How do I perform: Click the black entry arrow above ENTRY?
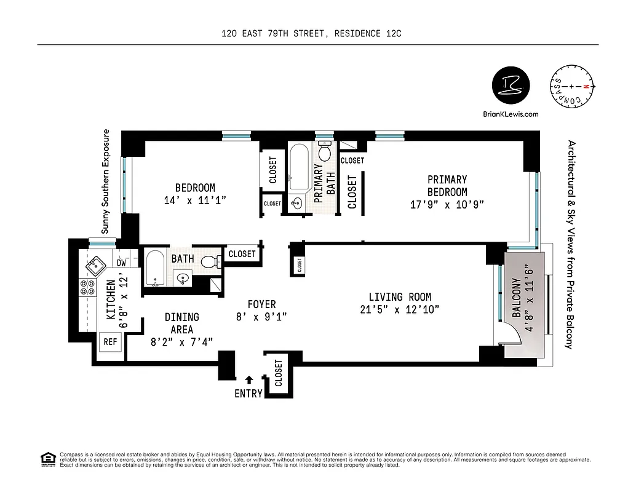(x=248, y=379)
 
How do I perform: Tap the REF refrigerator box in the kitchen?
(x=110, y=341)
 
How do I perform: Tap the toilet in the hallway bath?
(x=209, y=263)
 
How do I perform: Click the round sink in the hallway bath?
(x=183, y=279)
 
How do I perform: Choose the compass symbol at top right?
(x=572, y=87)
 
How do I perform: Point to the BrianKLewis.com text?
(x=511, y=114)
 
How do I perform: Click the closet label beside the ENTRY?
(x=278, y=373)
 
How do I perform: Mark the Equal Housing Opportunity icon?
(x=47, y=459)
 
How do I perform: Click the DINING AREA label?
(x=182, y=323)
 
